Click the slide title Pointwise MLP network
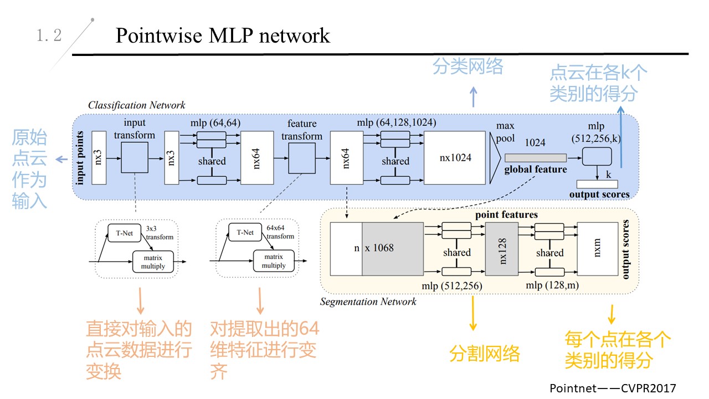[x=223, y=35]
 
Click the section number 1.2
[x=49, y=36]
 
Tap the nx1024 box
[x=455, y=157]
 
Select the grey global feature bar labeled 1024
[x=536, y=157]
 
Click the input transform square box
[x=135, y=157]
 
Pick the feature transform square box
[x=302, y=157]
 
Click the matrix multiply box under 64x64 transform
[x=273, y=260]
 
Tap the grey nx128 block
[x=501, y=249]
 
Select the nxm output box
[x=597, y=249]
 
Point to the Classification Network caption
[x=137, y=105]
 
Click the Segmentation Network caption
[x=368, y=302]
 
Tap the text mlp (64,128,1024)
[x=396, y=122]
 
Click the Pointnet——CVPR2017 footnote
[x=613, y=388]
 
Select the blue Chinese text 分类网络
[x=468, y=67]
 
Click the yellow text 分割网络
[x=485, y=354]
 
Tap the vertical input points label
[x=81, y=157]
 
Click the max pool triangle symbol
[x=495, y=157]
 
